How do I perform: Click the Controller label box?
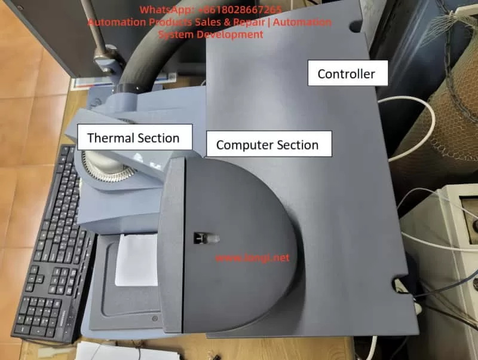tap(348, 73)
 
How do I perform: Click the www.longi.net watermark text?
tap(252, 258)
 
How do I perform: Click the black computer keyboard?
tap(52, 244)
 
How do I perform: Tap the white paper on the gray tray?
tap(136, 260)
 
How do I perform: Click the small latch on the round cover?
tap(206, 238)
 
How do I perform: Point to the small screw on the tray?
tap(155, 319)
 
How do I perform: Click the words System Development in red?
tap(211, 35)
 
